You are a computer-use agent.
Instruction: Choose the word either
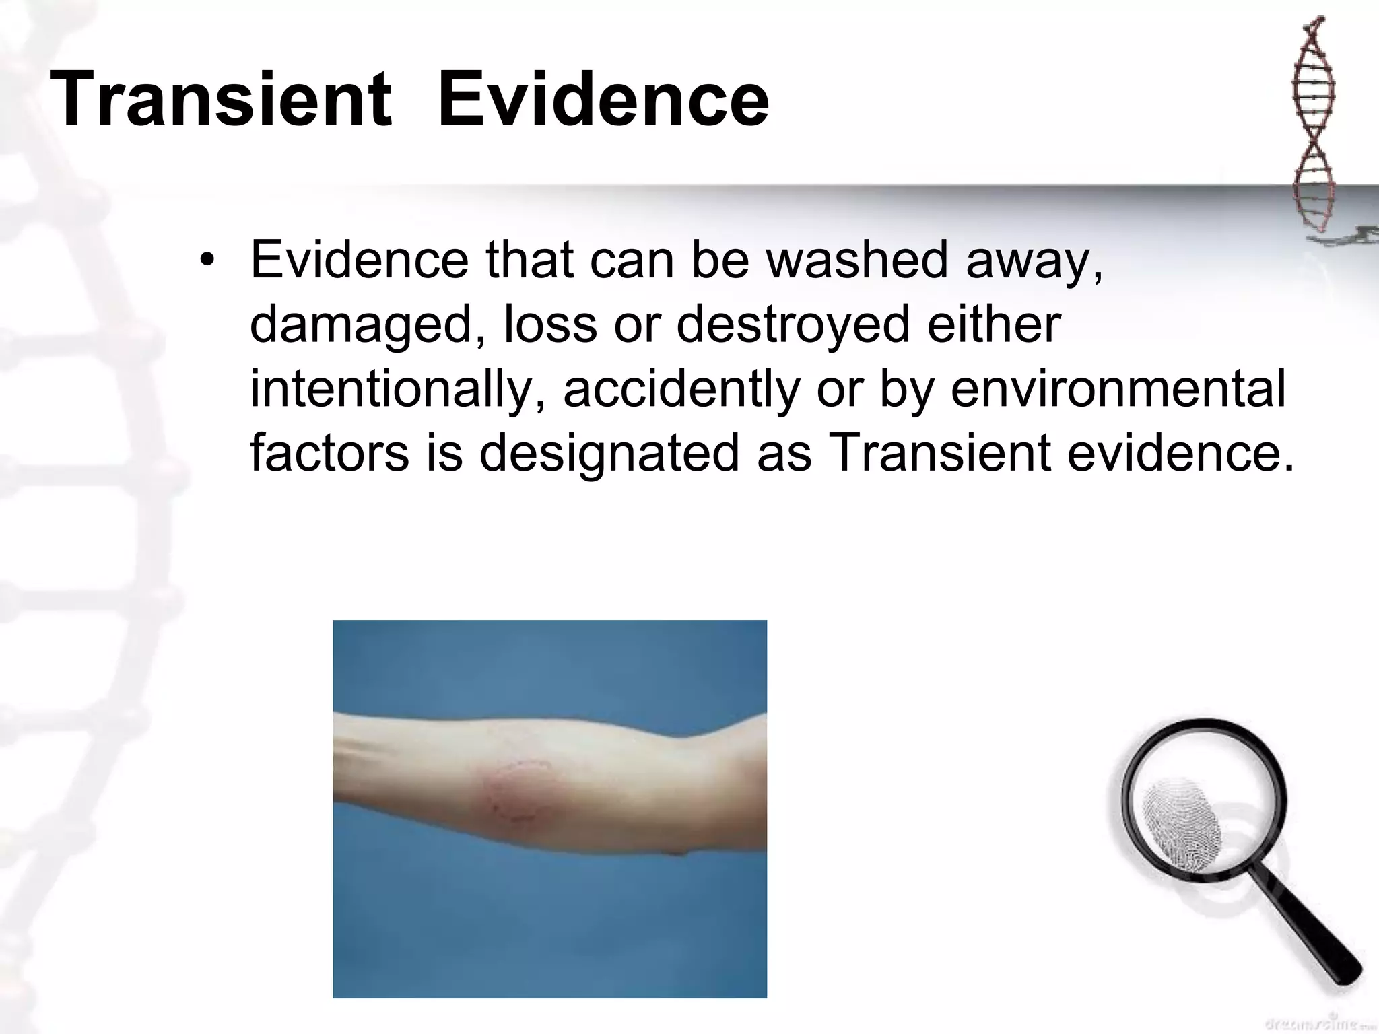pos(994,324)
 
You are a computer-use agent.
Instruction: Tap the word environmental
pos(1118,389)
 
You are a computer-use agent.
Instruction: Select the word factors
pos(329,454)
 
